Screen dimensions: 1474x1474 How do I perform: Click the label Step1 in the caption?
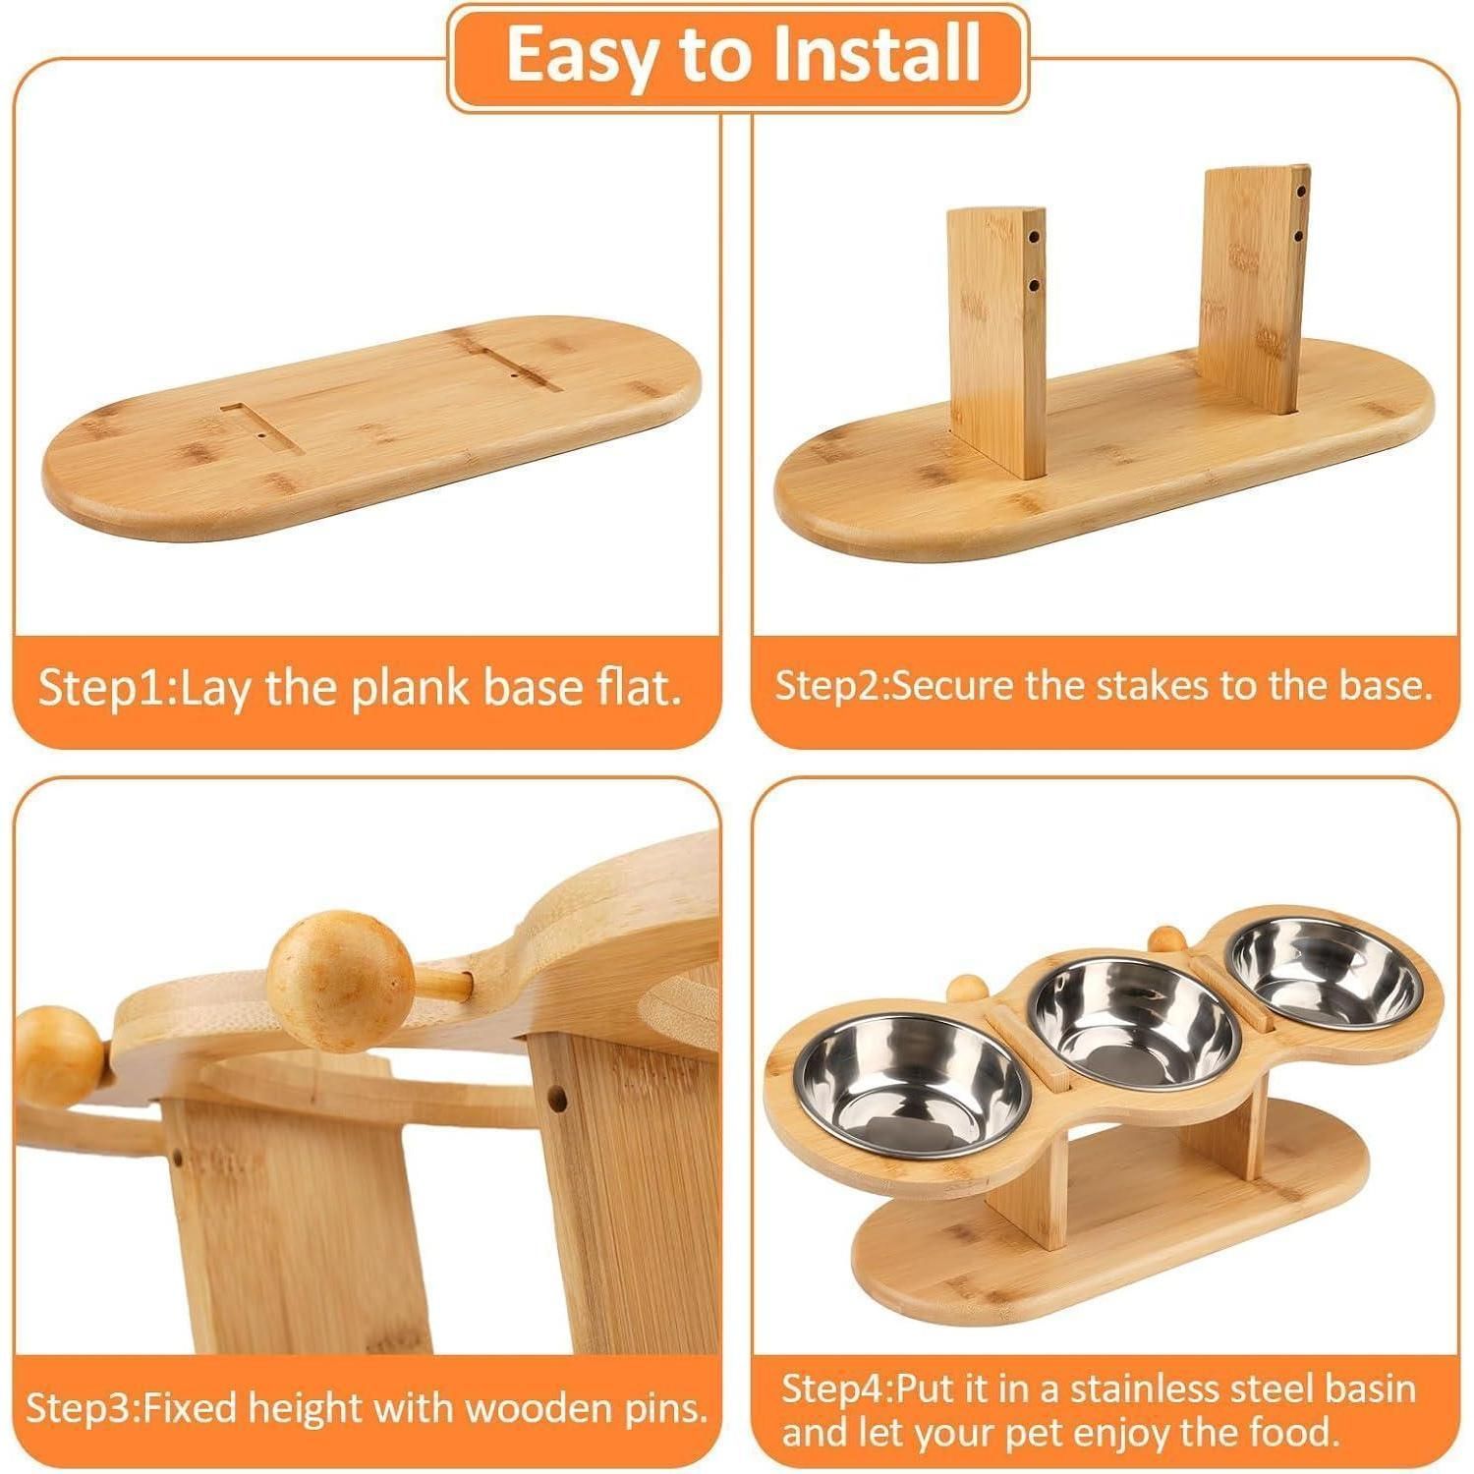105,689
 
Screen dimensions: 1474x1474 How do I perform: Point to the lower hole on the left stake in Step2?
1033,286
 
